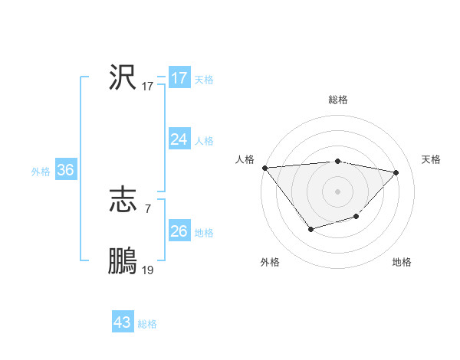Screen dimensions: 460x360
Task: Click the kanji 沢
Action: click(x=123, y=77)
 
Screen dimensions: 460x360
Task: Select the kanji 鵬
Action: click(x=123, y=260)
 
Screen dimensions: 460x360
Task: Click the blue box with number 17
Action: click(x=179, y=78)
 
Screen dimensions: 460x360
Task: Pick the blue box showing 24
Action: click(x=179, y=139)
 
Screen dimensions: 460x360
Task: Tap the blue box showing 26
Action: click(x=179, y=231)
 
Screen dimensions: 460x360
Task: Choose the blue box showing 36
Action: click(x=65, y=170)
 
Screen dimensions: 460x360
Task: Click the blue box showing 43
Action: click(x=123, y=322)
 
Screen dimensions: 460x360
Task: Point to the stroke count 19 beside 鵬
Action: click(x=147, y=270)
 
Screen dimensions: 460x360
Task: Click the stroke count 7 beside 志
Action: click(x=147, y=208)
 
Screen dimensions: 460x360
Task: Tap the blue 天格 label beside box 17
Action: click(x=204, y=80)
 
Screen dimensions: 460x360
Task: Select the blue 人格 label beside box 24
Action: click(x=204, y=141)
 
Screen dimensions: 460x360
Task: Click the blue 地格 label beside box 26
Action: click(x=204, y=232)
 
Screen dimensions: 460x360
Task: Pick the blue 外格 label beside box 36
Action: click(x=41, y=172)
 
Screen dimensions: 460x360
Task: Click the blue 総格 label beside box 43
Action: click(x=147, y=324)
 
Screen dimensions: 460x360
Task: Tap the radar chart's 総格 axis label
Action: click(x=338, y=100)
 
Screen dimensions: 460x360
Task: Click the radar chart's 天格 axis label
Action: click(x=432, y=159)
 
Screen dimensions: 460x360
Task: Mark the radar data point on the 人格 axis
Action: click(x=264, y=167)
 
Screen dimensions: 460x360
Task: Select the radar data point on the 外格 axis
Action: click(x=310, y=229)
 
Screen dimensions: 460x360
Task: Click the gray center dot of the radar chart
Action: click(x=338, y=191)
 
